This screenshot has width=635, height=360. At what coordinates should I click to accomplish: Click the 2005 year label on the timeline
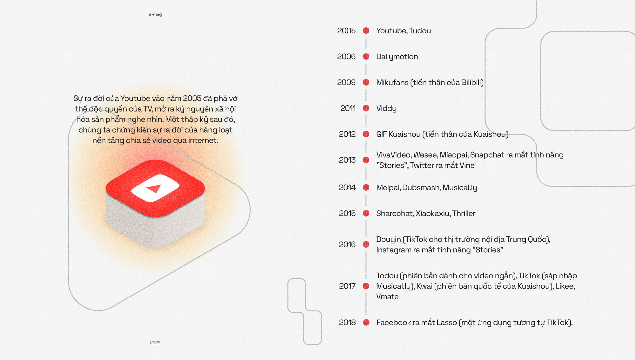tap(346, 31)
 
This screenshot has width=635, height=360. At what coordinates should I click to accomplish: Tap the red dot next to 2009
tap(366, 83)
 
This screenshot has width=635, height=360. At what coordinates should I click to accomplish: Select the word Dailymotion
tap(397, 57)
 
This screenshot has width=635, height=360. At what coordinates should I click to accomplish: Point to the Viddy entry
tap(386, 109)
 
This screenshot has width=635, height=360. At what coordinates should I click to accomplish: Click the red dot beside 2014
tap(366, 187)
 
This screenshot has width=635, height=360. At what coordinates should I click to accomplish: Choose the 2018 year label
tap(347, 323)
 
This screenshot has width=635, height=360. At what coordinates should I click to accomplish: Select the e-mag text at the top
tap(155, 14)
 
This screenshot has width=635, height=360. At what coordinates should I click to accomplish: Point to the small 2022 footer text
tap(155, 343)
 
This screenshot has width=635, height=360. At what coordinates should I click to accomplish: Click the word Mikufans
tap(392, 83)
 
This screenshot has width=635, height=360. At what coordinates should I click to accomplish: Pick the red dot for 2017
tap(366, 286)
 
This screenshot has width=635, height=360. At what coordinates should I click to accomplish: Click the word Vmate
tap(387, 297)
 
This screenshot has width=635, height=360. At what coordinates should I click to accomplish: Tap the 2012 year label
tap(347, 134)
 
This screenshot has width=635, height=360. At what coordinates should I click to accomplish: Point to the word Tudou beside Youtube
tap(420, 31)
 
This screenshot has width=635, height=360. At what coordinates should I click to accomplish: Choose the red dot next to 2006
tap(366, 57)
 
